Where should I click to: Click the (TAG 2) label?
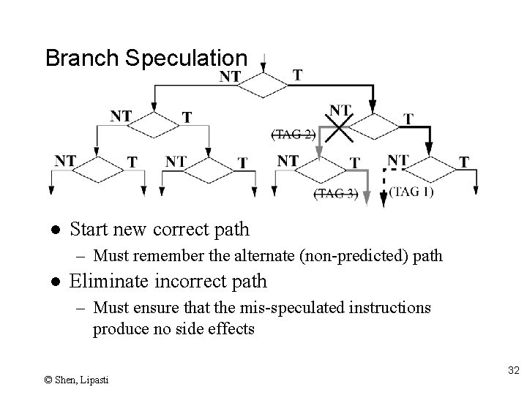[294, 135]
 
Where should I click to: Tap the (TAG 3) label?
[336, 194]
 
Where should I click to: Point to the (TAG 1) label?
[411, 192]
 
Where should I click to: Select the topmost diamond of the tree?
[263, 86]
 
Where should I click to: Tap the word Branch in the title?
[83, 59]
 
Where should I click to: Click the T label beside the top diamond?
[297, 75]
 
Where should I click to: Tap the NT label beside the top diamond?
[231, 75]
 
